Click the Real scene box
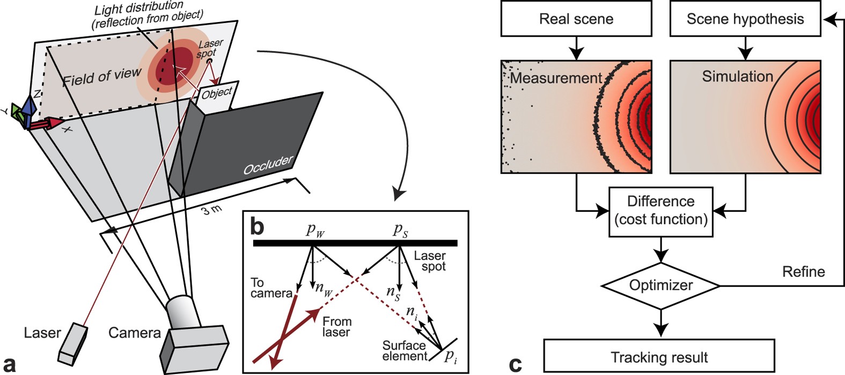point(576,19)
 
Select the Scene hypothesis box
point(745,19)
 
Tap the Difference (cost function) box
point(660,211)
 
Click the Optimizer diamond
point(660,285)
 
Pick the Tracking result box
point(659,357)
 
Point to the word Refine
point(803,271)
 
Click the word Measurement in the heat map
point(556,78)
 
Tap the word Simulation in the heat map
point(737,77)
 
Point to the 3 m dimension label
point(211,209)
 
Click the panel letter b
point(258,227)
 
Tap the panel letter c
point(515,364)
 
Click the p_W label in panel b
point(315,230)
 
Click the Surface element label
point(404,350)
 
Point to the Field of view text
point(101,77)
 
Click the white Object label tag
point(217,93)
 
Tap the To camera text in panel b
point(271,288)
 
